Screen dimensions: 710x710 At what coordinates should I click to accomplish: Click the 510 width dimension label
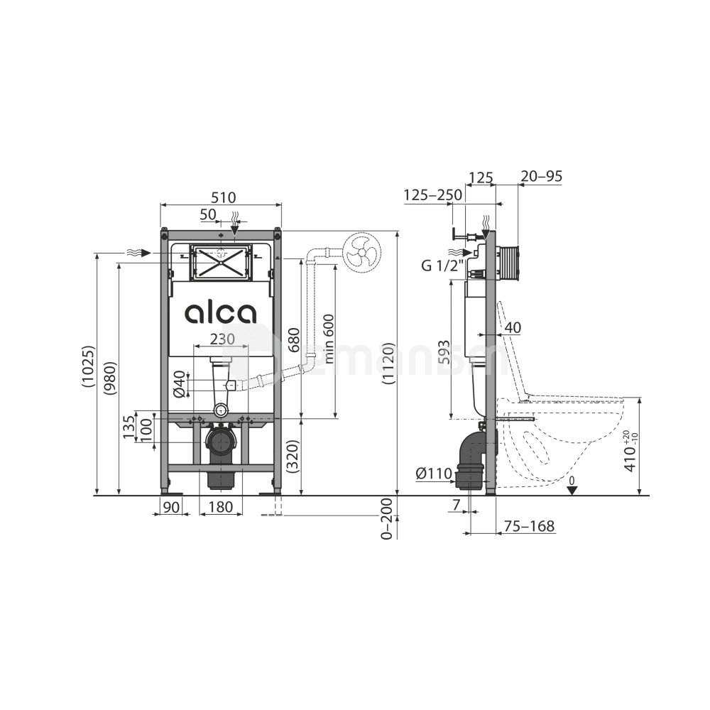point(224,197)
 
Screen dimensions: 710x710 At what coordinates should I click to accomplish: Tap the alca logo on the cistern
point(221,313)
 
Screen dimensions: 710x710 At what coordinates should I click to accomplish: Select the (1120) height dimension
point(388,364)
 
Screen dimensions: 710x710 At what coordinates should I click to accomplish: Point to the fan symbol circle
point(362,253)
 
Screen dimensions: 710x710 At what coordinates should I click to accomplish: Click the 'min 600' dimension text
point(329,339)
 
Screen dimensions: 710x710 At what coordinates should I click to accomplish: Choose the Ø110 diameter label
point(434,474)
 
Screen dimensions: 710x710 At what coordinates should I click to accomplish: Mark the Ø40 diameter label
point(180,384)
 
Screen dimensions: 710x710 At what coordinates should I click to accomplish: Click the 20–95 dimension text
point(541,175)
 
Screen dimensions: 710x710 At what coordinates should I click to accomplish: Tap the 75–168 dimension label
point(530,525)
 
